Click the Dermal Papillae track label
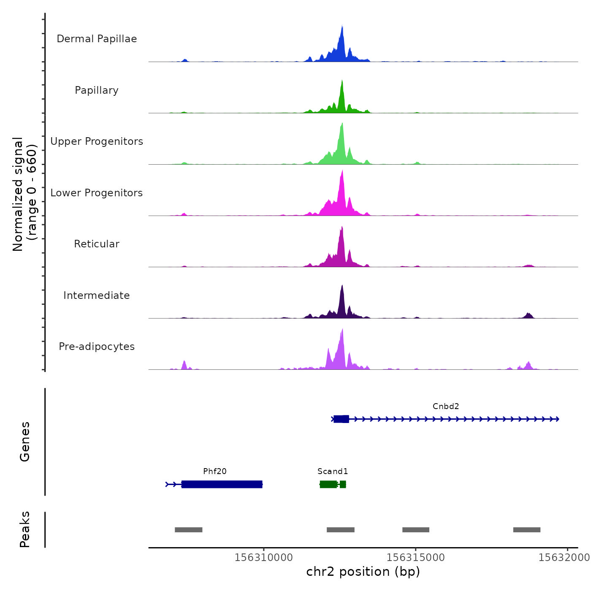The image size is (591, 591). click(x=97, y=39)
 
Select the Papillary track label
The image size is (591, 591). click(x=97, y=90)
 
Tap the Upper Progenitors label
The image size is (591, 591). click(x=97, y=141)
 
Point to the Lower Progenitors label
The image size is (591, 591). click(x=97, y=193)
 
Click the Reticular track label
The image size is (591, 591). click(x=97, y=244)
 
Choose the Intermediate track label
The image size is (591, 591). click(x=97, y=295)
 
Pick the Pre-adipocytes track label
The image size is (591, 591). click(x=97, y=347)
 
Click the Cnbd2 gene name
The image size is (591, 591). click(x=446, y=406)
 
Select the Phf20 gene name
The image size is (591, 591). click(x=215, y=471)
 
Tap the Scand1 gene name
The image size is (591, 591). click(x=333, y=471)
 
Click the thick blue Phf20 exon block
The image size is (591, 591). click(x=222, y=484)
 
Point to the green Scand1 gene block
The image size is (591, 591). click(x=328, y=484)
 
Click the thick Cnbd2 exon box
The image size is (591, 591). click(x=342, y=419)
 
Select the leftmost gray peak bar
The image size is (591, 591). click(x=189, y=530)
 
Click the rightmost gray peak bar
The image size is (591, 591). click(x=527, y=530)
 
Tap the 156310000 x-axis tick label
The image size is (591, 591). click(x=264, y=557)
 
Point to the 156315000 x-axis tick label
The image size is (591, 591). click(x=416, y=557)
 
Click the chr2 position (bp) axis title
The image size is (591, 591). click(x=363, y=572)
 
